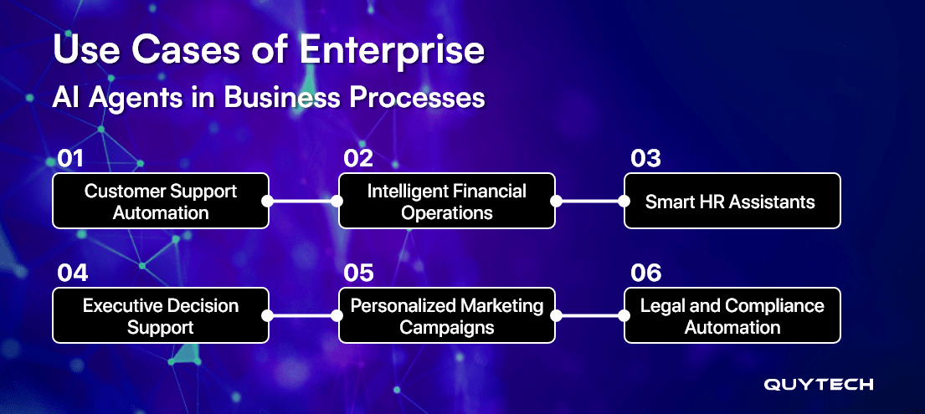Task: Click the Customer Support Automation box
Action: pos(161,201)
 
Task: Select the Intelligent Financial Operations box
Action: pos(447,201)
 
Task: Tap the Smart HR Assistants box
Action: pos(732,201)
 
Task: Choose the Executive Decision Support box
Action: pos(161,315)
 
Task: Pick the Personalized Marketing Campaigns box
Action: pos(447,315)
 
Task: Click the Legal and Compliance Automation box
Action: pos(732,315)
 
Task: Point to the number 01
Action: pos(71,159)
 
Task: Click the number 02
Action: pos(358,159)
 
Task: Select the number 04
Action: pos(72,273)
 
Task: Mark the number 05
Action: pos(358,273)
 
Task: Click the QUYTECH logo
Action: pos(818,385)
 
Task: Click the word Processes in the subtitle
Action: pos(417,97)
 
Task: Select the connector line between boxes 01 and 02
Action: pos(303,201)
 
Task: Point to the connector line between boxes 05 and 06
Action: pos(589,315)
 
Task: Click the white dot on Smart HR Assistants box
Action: pos(624,201)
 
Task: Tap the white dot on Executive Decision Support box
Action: pos(267,315)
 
